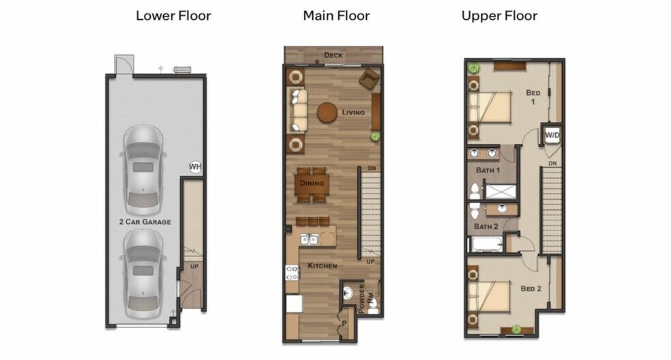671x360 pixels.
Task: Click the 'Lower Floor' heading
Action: coord(173,16)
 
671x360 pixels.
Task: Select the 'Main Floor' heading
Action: coord(336,16)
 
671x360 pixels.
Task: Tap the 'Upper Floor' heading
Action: coord(499,16)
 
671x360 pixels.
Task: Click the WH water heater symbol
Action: coord(195,167)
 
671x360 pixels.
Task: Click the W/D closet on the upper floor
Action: coord(551,135)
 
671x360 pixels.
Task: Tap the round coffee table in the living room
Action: coord(328,112)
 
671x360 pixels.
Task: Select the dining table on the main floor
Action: coord(312,183)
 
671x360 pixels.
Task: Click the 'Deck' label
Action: coord(333,55)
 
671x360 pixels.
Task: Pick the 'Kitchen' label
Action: coord(321,265)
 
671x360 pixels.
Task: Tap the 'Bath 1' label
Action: coord(488,169)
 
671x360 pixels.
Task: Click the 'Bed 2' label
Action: coord(531,288)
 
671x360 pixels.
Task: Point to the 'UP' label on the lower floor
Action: coord(194,266)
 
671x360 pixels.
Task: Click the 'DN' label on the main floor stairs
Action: coord(372,168)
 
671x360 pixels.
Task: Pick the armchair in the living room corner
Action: coord(369,78)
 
